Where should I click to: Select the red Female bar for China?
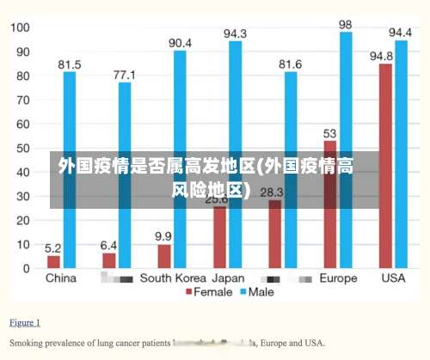pyautogui.click(x=53, y=261)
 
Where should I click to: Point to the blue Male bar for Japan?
pyautogui.click(x=235, y=155)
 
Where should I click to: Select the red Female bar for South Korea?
pyautogui.click(x=163, y=256)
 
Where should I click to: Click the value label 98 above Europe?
pyautogui.click(x=346, y=24)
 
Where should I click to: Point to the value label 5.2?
pyautogui.click(x=53, y=247)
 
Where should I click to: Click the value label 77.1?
pyautogui.click(x=126, y=75)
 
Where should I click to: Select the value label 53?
pyautogui.click(x=330, y=133)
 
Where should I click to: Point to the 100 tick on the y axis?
pyautogui.click(x=20, y=27)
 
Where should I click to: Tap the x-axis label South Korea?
pyautogui.click(x=172, y=278)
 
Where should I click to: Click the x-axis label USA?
pyautogui.click(x=392, y=278)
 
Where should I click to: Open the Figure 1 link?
pyautogui.click(x=25, y=323)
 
